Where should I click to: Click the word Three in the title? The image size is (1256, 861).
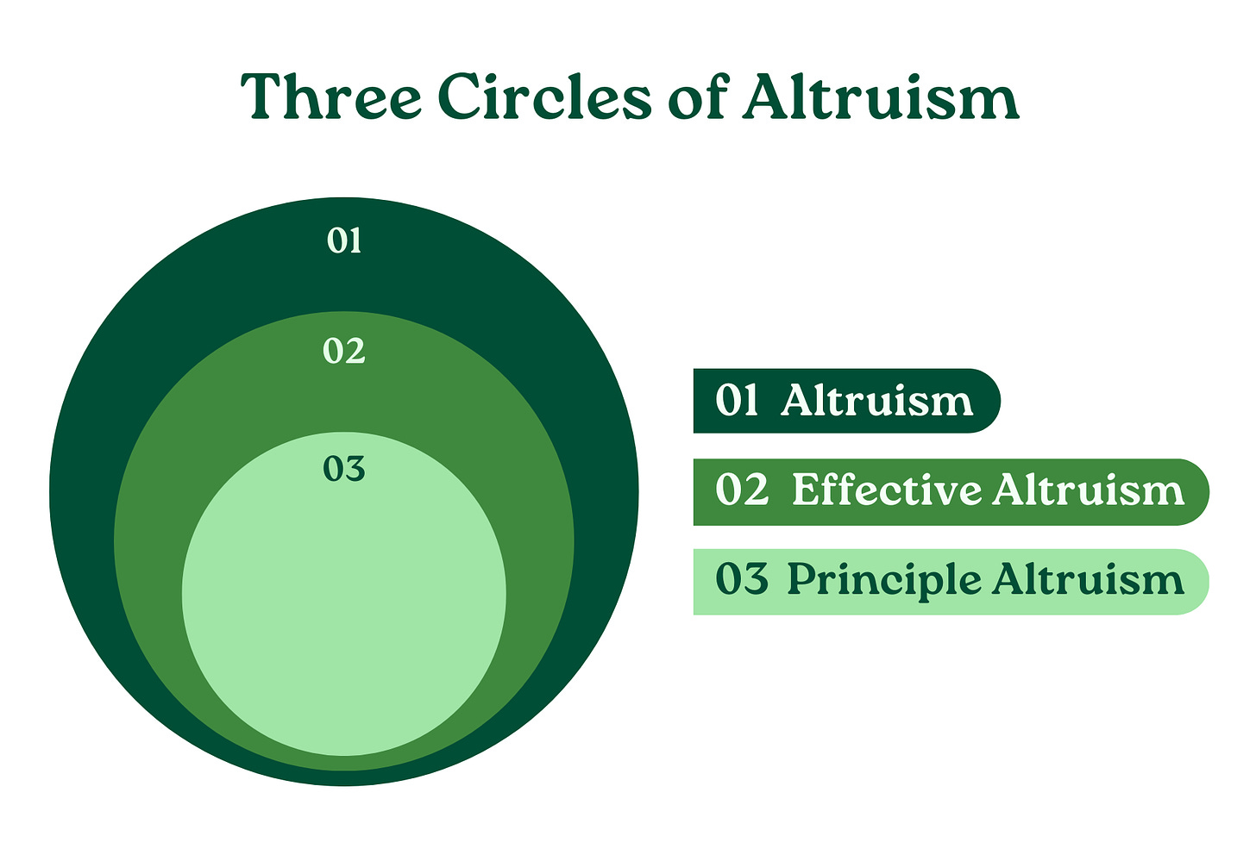point(331,96)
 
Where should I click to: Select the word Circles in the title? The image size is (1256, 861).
point(544,96)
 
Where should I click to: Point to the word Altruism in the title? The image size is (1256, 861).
point(880,96)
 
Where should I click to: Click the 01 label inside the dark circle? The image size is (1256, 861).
point(344,240)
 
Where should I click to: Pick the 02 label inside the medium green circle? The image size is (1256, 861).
point(344,352)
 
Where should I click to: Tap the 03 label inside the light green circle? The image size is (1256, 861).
point(344,468)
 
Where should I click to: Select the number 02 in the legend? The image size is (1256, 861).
point(742,490)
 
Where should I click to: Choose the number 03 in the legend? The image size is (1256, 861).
point(742,578)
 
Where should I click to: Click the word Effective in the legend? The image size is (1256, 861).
point(887,490)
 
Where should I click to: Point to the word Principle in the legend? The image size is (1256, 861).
point(884,580)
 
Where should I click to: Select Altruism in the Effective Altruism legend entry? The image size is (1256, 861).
point(1089,490)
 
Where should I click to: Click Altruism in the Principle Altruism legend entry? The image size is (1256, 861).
point(1089,578)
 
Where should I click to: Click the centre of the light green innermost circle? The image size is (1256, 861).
point(343,594)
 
